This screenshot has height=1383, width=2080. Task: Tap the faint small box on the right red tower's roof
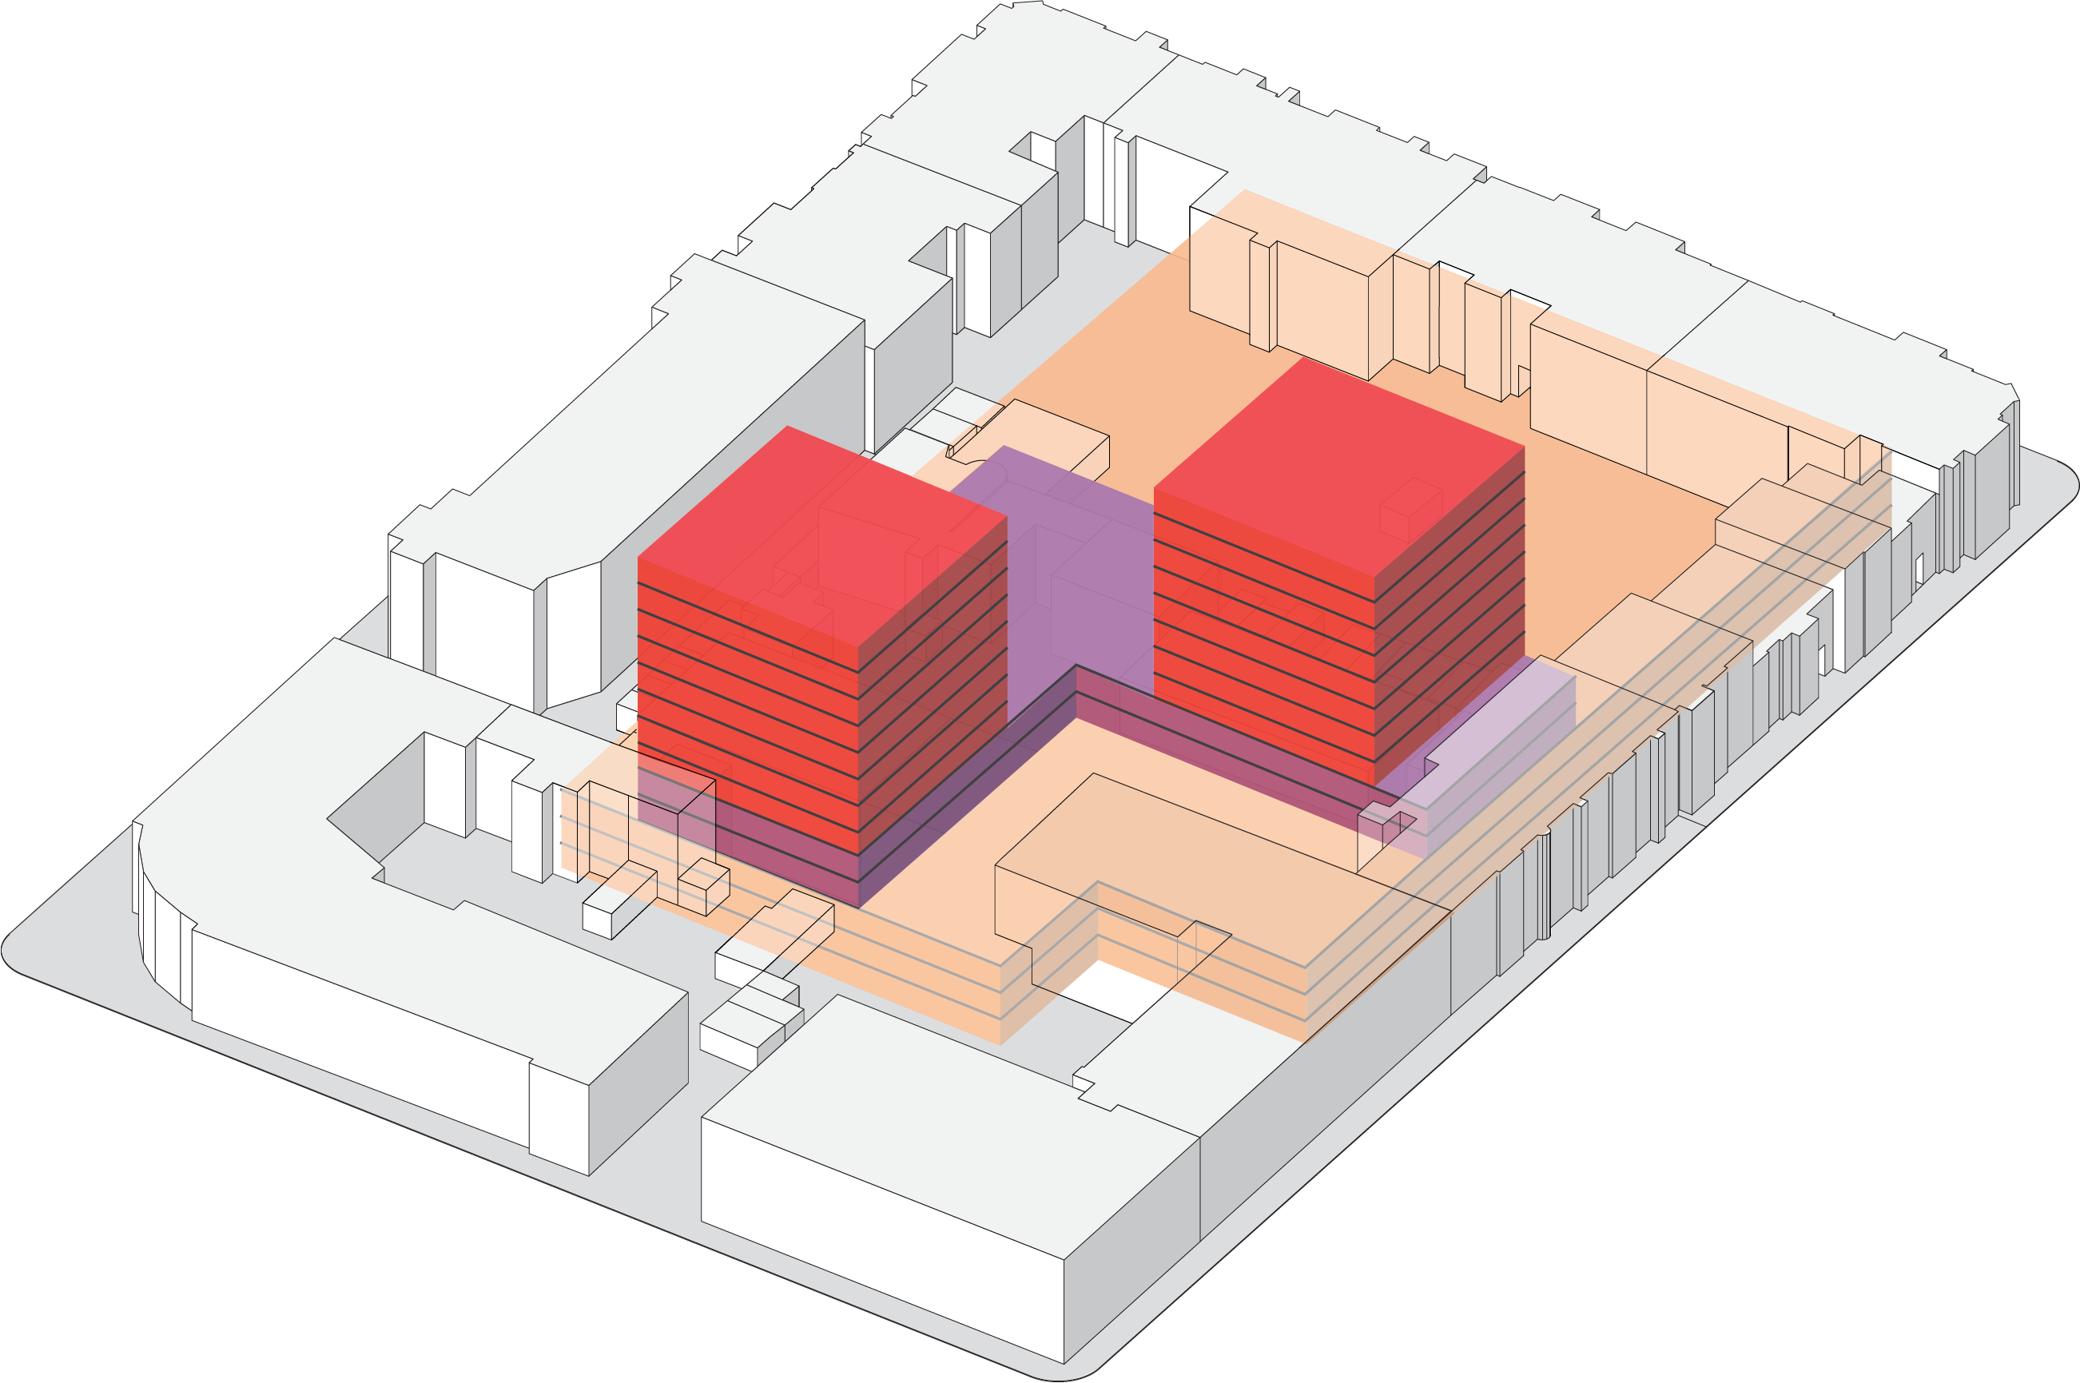click(x=1410, y=509)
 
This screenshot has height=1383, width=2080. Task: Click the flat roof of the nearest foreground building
click(x=953, y=1103)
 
